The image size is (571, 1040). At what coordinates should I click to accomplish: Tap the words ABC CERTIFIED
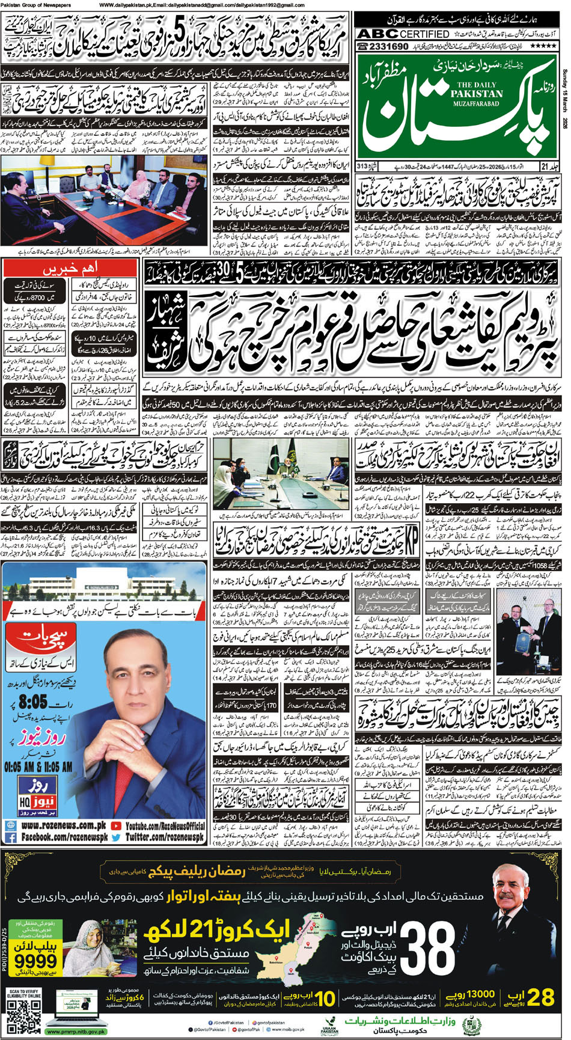[x=403, y=34]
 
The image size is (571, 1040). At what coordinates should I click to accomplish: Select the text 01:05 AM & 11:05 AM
[x=38, y=767]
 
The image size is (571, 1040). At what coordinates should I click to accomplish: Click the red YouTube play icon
[x=116, y=826]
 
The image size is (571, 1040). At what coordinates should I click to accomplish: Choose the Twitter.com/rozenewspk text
[x=165, y=836]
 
